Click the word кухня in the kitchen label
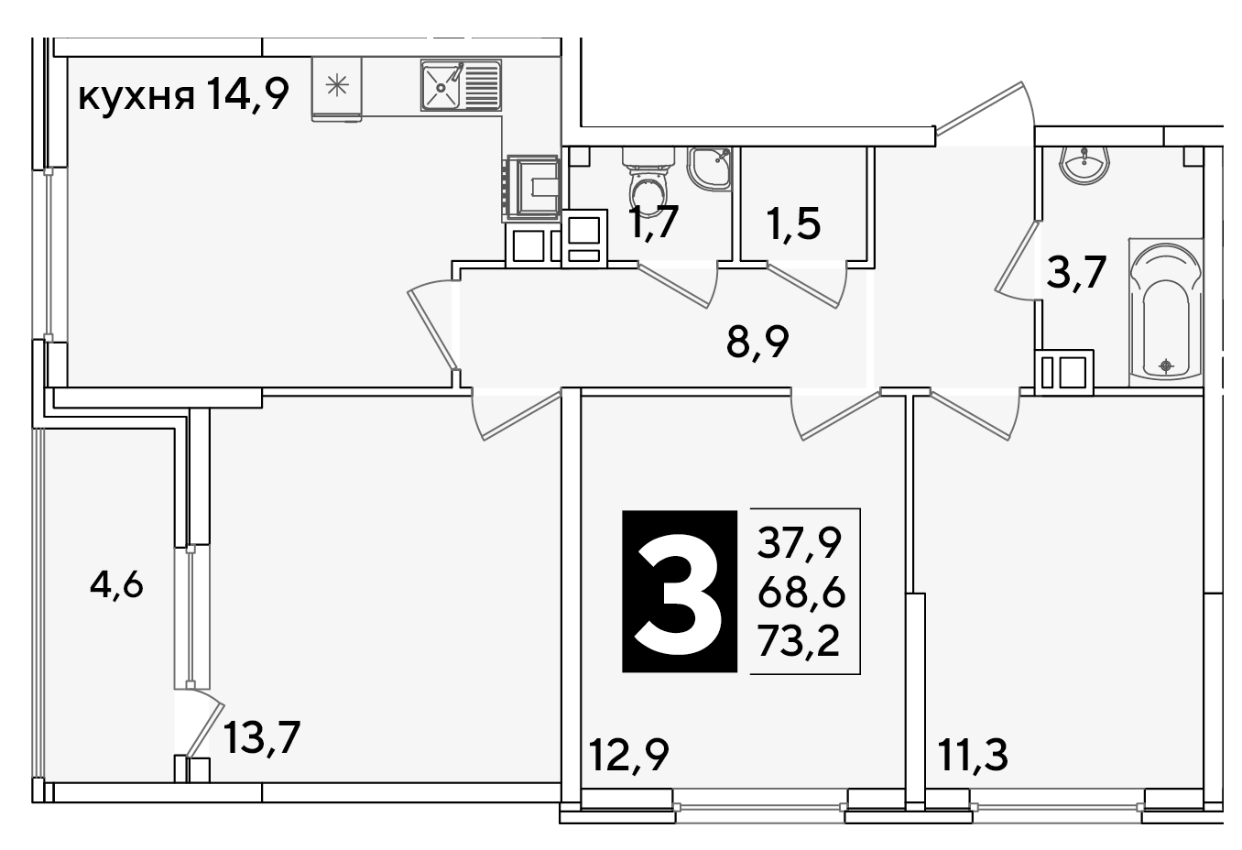136,96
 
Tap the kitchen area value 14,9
247,94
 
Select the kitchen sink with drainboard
461,85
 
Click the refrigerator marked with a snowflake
336,89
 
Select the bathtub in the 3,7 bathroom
1166,312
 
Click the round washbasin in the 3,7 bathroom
1084,164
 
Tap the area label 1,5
794,224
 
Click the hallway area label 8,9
757,343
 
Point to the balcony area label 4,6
116,586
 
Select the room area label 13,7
261,737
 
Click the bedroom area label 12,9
628,755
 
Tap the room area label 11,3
973,755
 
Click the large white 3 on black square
679,591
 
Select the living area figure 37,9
801,542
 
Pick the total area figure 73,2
799,642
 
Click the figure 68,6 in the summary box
801,594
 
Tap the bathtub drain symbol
1167,365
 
